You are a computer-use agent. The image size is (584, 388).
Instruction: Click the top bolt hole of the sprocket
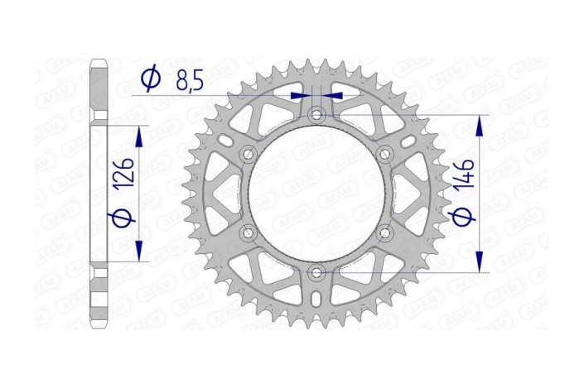tap(316, 114)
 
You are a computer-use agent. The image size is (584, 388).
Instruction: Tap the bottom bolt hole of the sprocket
tap(316, 271)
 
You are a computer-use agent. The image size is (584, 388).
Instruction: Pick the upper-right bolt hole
tap(384, 154)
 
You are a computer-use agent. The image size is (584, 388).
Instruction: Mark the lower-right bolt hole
tap(384, 232)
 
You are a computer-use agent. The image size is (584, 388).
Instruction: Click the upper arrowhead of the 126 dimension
tap(138, 135)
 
